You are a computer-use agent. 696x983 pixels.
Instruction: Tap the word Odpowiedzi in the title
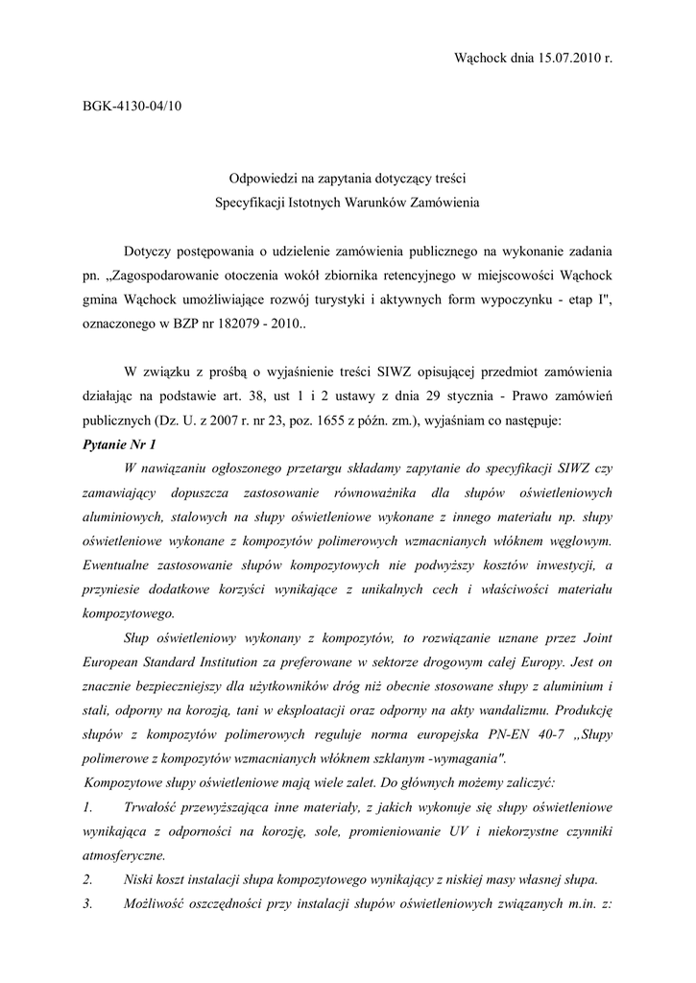tap(265, 179)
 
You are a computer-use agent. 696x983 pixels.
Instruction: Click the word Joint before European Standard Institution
tap(591, 638)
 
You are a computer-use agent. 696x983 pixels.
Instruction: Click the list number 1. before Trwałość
tap(88, 807)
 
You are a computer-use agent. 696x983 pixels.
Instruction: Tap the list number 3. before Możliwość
tap(88, 904)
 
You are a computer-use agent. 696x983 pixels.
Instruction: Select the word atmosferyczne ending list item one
tap(124, 855)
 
